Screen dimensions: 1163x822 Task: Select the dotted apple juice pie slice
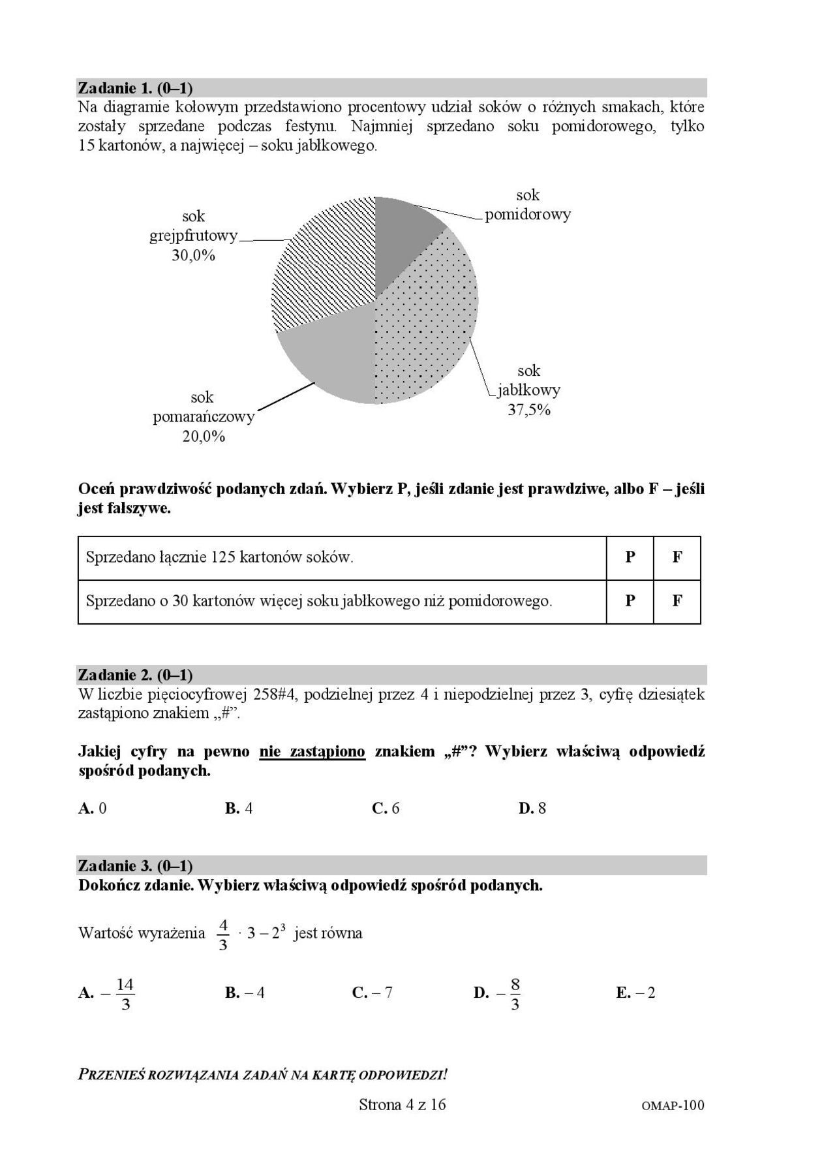click(x=431, y=320)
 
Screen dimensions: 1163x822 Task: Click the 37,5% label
click(x=529, y=411)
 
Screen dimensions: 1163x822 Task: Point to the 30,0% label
click(x=193, y=255)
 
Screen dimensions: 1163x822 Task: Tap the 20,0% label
click(x=204, y=437)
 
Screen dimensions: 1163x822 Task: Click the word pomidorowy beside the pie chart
click(x=528, y=214)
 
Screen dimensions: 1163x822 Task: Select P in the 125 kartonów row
click(x=630, y=557)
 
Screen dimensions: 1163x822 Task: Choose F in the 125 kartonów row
click(x=677, y=557)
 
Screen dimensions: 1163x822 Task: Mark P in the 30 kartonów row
click(x=630, y=600)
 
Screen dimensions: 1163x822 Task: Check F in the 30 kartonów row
click(x=677, y=600)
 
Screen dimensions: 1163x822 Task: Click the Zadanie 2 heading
click(x=135, y=674)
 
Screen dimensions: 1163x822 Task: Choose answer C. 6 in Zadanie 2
click(x=386, y=808)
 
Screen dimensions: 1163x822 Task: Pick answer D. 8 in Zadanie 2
click(x=532, y=808)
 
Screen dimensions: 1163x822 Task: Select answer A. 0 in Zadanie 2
click(x=92, y=808)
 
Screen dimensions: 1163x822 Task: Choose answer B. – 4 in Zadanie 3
click(x=245, y=993)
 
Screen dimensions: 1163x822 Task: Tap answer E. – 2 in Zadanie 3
click(x=635, y=993)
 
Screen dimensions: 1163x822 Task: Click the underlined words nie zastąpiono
click(x=312, y=751)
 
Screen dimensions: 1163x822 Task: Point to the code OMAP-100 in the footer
click(x=673, y=1106)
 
